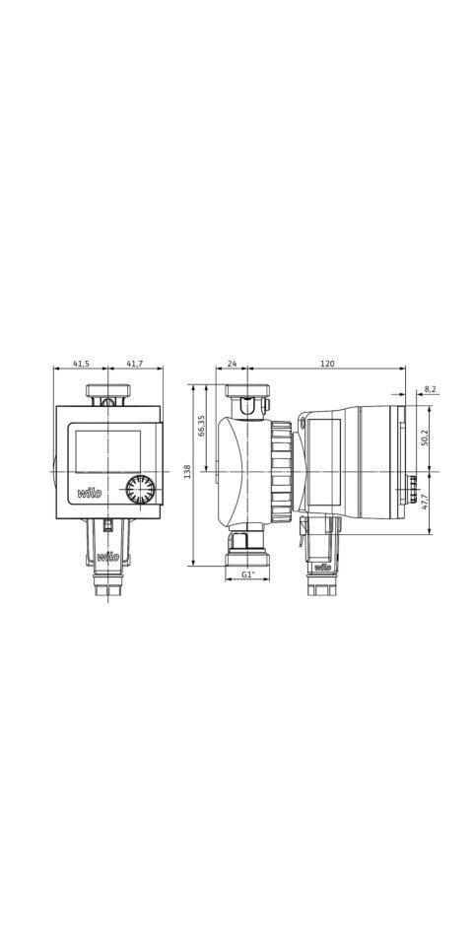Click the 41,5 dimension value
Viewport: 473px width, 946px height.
81,364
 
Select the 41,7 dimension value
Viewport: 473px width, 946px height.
135,364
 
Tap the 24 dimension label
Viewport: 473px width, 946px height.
232,364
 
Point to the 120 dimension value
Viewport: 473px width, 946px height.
327,364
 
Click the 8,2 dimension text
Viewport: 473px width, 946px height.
430,389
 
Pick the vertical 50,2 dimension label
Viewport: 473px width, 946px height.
425,438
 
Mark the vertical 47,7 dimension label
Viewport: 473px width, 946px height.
425,502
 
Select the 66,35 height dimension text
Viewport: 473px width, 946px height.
201,426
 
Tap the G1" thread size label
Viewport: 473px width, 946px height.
247,574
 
